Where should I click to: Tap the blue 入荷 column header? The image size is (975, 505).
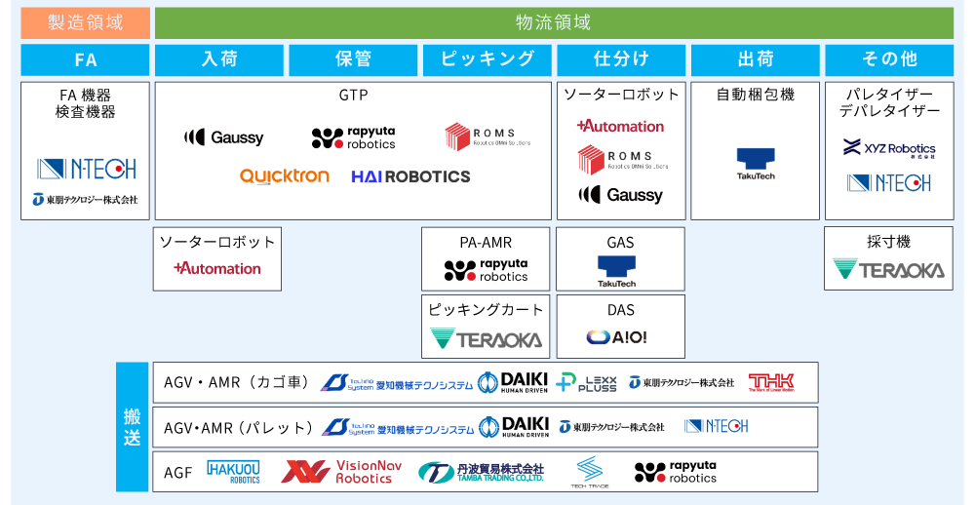coord(219,59)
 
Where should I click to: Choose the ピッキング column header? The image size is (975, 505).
coord(487,59)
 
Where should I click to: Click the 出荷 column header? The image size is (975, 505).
coord(756,59)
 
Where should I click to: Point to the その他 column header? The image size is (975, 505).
coord(889,59)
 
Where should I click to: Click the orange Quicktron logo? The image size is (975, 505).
coord(285,176)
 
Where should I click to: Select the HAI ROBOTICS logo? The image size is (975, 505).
coord(410,176)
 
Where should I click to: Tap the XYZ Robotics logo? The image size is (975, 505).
coord(888,149)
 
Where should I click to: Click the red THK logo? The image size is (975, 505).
coord(770,382)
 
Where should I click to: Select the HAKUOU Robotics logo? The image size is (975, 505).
coord(234,473)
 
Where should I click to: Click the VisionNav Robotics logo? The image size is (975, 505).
coord(341,472)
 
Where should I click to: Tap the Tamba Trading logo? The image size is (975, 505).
coord(481,473)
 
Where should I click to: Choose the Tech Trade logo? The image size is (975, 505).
coord(590,473)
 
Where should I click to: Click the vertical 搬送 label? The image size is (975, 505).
coord(132,427)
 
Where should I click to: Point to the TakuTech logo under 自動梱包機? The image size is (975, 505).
coord(755,163)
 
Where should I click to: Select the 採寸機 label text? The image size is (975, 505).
coord(888,243)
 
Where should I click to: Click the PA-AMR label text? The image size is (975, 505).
coord(486,243)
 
